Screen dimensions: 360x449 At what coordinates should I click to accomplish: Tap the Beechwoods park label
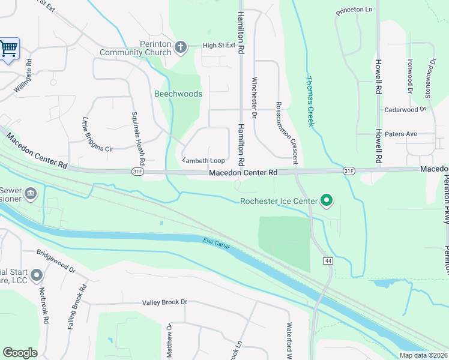tap(178, 94)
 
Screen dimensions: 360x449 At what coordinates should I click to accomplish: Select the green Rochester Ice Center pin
tap(327, 200)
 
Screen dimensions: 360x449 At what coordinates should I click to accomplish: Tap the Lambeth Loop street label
tap(203, 160)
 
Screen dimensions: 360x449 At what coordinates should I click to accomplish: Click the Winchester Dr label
tap(255, 97)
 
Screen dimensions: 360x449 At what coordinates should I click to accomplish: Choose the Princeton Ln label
tap(354, 10)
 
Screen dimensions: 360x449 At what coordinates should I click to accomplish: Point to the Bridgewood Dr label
tap(56, 262)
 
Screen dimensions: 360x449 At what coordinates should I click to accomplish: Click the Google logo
tap(20, 353)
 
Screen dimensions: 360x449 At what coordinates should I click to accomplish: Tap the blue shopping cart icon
tap(8, 49)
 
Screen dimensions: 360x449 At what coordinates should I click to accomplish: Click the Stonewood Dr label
tap(430, 77)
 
